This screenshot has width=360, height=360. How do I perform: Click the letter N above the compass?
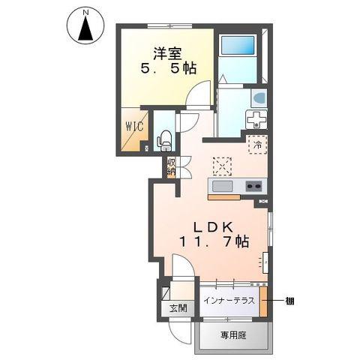(x=85, y=12)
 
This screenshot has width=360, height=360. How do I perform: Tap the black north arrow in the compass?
(x=85, y=28)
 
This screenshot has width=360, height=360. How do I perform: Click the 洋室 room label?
(x=168, y=53)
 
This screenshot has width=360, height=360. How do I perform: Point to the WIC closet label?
(x=134, y=126)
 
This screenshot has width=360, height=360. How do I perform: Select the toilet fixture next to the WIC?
(x=164, y=141)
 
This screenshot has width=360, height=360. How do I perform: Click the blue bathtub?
(x=237, y=45)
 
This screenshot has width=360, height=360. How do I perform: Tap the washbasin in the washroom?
(x=259, y=98)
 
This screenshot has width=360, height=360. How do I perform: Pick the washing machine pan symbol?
(x=256, y=119)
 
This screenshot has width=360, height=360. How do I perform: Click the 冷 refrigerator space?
(x=258, y=145)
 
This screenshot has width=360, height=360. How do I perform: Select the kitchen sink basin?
(x=222, y=186)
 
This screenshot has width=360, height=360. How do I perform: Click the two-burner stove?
(x=253, y=186)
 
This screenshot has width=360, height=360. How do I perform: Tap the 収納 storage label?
(x=172, y=166)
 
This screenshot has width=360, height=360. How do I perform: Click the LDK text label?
(x=214, y=226)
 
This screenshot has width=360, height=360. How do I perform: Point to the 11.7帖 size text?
(x=214, y=241)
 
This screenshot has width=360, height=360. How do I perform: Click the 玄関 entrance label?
(x=178, y=308)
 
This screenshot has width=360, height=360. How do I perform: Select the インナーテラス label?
(x=229, y=301)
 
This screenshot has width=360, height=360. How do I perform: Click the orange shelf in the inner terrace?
(x=263, y=301)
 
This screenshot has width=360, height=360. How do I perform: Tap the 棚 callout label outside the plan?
(x=289, y=301)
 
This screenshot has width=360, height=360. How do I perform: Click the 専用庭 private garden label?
(x=233, y=335)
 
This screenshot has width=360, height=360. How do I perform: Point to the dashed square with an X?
(x=222, y=166)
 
